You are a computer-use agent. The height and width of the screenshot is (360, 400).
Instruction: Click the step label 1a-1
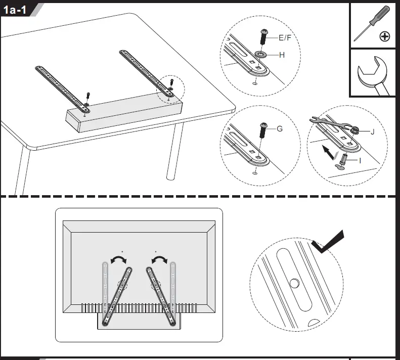(x=15, y=10)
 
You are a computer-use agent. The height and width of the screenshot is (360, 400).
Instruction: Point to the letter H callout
(x=282, y=55)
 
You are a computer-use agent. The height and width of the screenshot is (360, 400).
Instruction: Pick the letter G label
(x=279, y=128)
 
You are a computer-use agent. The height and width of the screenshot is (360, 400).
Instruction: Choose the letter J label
(x=373, y=132)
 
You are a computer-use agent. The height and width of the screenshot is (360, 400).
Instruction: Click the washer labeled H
(x=261, y=54)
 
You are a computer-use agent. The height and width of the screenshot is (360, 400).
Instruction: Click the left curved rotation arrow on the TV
(x=119, y=259)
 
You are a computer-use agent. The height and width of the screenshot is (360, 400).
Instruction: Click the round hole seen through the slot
(x=294, y=283)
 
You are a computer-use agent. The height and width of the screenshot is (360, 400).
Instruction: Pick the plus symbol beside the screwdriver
(x=385, y=36)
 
